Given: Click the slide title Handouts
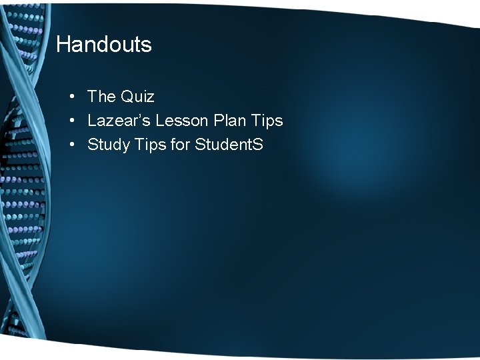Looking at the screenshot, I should pyautogui.click(x=104, y=45).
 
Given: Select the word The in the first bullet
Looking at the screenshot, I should pyautogui.click(x=102, y=97).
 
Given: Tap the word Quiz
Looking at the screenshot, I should pyautogui.click(x=137, y=97).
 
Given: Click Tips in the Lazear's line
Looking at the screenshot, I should pyautogui.click(x=267, y=121).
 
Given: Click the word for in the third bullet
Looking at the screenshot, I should pyautogui.click(x=180, y=145).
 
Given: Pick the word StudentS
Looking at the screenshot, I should pyautogui.click(x=229, y=145).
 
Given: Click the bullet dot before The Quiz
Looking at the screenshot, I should pyautogui.click(x=71, y=97).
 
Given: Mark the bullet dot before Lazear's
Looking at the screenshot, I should pyautogui.click(x=71, y=121).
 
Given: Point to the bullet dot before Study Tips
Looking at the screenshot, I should pyautogui.click(x=71, y=145).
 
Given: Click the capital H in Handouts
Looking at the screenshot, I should pyautogui.click(x=63, y=45).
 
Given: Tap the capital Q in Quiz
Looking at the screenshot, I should pyautogui.click(x=127, y=97).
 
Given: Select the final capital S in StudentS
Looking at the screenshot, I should pyautogui.click(x=258, y=145).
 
